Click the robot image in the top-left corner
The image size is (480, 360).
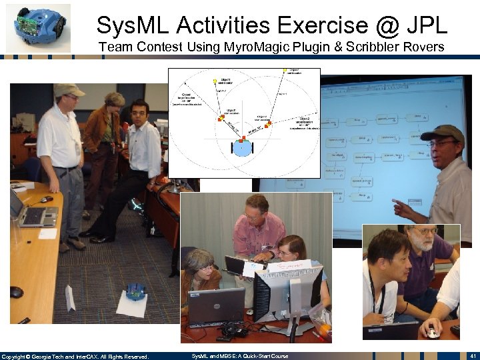pyautogui.click(x=39, y=27)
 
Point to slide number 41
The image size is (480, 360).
pyautogui.click(x=471, y=356)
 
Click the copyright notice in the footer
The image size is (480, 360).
pyautogui.click(x=75, y=356)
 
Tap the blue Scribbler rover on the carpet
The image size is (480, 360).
pyautogui.click(x=136, y=291)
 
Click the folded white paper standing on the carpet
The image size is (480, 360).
pyautogui.click(x=70, y=297)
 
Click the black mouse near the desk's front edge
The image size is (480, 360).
pyautogui.click(x=16, y=292)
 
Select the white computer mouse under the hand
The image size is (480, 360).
pyautogui.click(x=433, y=331)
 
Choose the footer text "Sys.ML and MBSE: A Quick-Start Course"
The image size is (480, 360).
pyautogui.click(x=240, y=356)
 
